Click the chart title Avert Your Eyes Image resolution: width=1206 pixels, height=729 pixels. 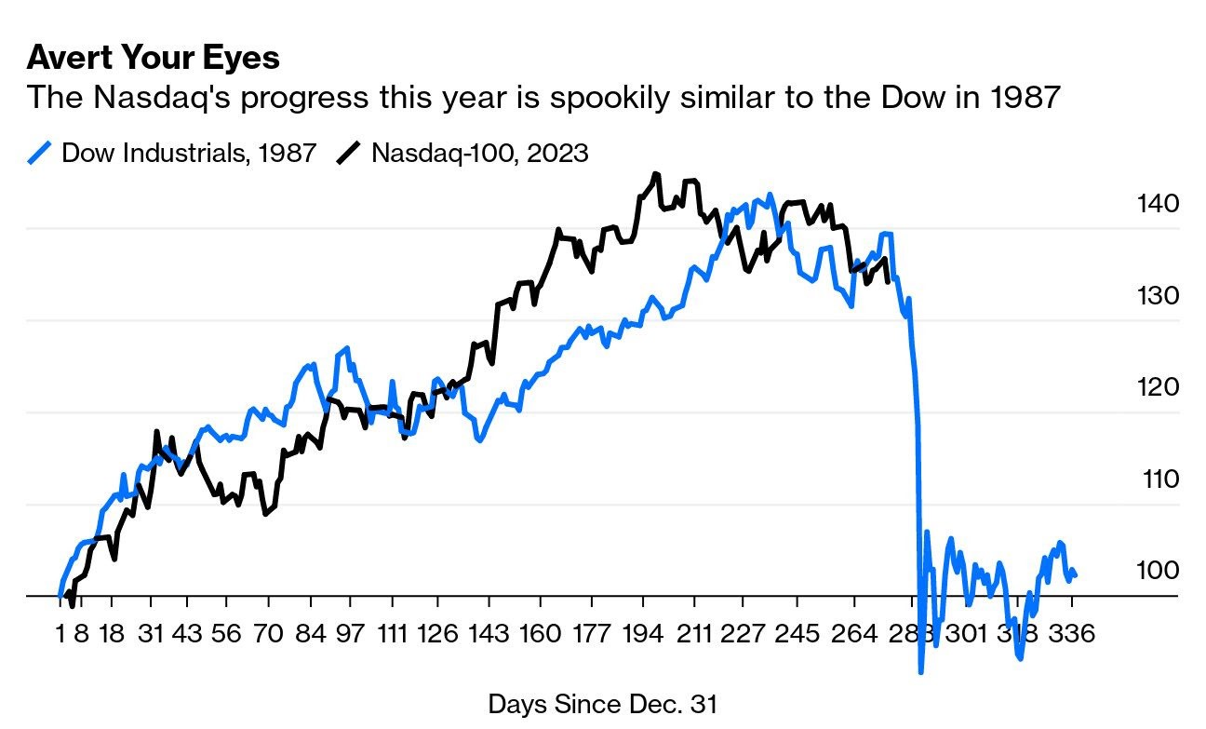click(x=153, y=58)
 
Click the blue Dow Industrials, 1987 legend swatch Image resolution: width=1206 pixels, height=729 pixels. click(x=40, y=152)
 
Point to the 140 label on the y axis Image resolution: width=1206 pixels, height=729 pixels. click(x=1158, y=204)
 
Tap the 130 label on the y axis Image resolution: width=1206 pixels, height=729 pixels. click(x=1158, y=296)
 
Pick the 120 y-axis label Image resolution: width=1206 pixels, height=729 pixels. click(x=1158, y=387)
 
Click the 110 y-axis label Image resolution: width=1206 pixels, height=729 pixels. click(x=1160, y=479)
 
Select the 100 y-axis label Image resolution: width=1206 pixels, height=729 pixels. click(x=1158, y=570)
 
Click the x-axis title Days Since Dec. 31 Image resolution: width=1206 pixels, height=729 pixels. click(x=603, y=704)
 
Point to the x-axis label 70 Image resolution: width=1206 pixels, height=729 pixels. click(x=268, y=635)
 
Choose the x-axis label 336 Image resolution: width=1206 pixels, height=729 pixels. click(x=1072, y=635)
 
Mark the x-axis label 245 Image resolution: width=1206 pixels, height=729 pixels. click(x=798, y=635)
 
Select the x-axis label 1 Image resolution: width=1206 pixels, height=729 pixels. click(x=60, y=635)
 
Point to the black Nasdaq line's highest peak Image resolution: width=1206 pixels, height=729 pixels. click(x=656, y=173)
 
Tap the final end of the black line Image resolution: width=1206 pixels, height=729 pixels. click(x=890, y=280)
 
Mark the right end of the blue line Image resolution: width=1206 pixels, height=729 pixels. click(x=1076, y=576)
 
